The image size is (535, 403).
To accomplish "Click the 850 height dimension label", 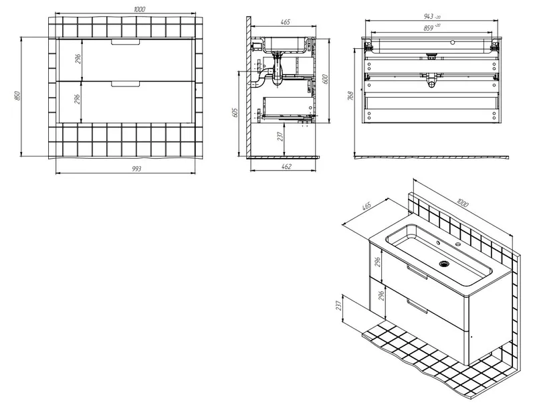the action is point(18,95).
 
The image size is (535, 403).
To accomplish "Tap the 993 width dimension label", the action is point(136,169).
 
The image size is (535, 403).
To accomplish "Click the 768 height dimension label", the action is point(350,96).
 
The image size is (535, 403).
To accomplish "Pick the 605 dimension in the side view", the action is point(235,112).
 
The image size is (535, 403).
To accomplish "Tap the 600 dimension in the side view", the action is point(325,79).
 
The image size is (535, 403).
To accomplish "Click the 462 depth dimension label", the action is point(287,166).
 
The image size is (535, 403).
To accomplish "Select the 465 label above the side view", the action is point(286,22).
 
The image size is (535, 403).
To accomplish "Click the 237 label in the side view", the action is point(280,137).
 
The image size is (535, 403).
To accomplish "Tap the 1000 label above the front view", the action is point(140,9).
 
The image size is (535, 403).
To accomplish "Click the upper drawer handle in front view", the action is point(126,42).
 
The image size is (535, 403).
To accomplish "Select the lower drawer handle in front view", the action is point(126,84).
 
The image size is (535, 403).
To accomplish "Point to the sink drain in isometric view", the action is point(444,264).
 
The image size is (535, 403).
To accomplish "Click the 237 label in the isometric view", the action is point(338,305).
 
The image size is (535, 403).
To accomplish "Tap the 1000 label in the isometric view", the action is point(462,203).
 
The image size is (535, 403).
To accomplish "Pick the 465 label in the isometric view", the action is point(366,207).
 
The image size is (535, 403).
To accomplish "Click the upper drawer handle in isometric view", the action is point(417,272).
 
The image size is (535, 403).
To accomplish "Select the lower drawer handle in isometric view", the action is point(417,306).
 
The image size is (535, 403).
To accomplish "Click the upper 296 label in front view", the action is point(78,59).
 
